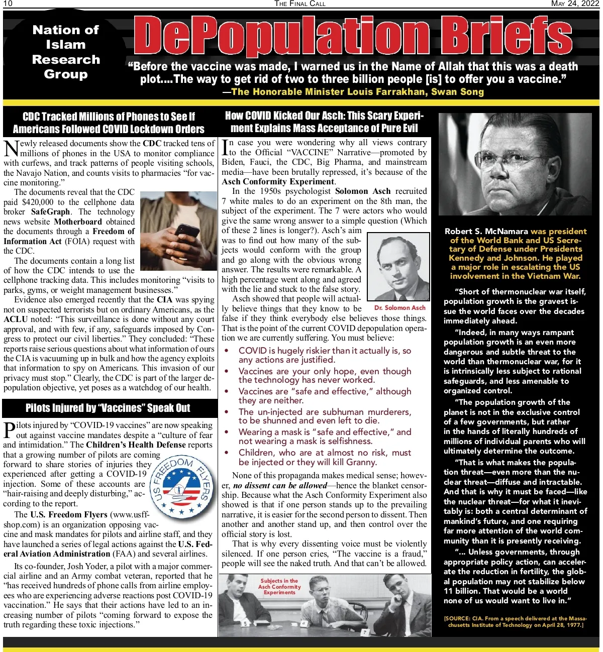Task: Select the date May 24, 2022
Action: coord(575,4)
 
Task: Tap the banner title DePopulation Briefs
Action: coord(353,36)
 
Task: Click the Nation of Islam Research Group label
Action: coord(66,52)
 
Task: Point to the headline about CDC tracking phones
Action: coord(109,123)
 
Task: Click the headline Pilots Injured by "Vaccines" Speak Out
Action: coord(108,408)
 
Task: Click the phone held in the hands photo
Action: coord(186,232)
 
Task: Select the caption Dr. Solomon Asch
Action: coord(399,307)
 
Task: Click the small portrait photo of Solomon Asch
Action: coord(399,266)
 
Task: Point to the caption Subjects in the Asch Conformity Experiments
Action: coord(279,586)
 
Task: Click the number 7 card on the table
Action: coord(365,632)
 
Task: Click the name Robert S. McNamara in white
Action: coord(486,232)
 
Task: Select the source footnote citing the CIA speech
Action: coord(516,621)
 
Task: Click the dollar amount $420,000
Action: coord(38,202)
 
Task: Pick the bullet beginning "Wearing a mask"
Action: coord(325,437)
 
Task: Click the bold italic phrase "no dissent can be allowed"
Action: coord(280,485)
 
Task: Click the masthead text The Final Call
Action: coord(300,4)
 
